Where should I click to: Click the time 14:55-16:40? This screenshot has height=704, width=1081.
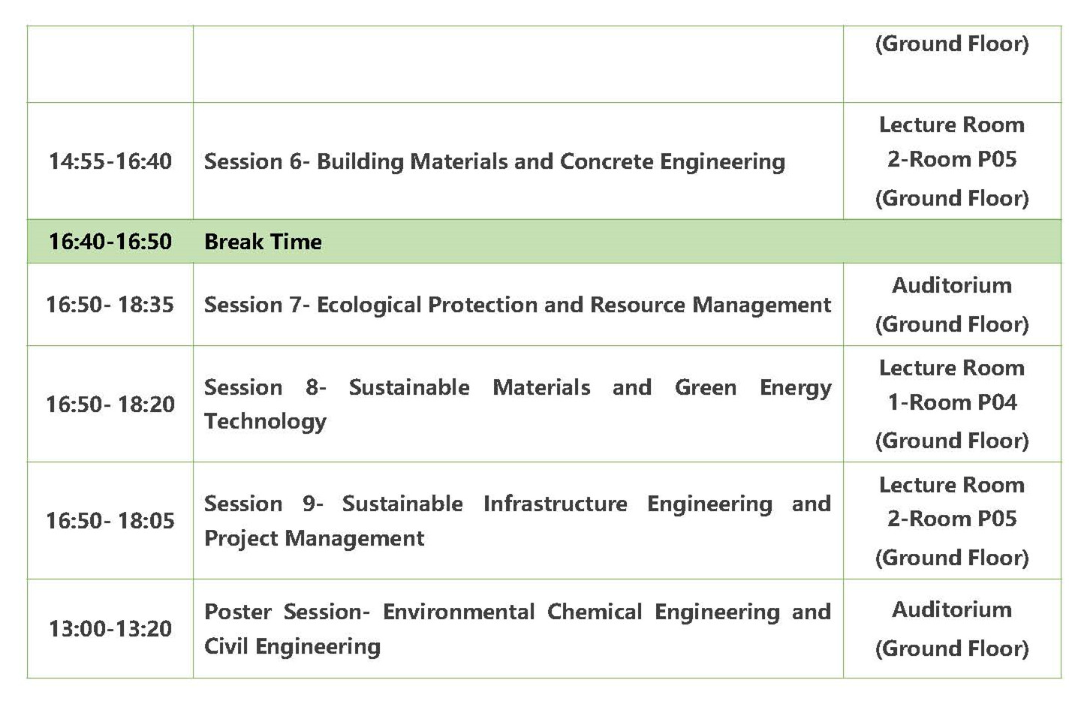110,161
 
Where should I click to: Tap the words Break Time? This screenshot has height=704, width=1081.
263,241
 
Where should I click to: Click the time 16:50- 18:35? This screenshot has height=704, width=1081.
110,305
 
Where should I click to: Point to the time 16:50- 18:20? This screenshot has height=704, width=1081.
110,404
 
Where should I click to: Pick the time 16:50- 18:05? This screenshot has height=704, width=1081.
110,521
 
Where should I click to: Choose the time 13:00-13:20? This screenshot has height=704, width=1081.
110,629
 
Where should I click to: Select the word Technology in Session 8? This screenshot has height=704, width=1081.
266,421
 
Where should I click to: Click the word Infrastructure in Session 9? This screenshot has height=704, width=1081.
556,504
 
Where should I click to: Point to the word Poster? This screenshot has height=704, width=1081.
238,612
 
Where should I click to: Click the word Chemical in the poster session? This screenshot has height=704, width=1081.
595,612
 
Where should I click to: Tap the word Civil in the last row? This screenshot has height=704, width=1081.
225,646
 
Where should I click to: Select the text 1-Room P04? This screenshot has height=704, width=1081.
952,402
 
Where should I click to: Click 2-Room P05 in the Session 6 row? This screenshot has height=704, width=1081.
952,159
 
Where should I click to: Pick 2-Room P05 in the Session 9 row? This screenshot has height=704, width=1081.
952,519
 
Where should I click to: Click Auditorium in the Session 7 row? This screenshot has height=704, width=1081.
952,285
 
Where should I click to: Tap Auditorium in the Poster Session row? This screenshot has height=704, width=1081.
952,609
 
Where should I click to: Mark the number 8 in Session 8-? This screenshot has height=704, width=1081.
312,387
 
